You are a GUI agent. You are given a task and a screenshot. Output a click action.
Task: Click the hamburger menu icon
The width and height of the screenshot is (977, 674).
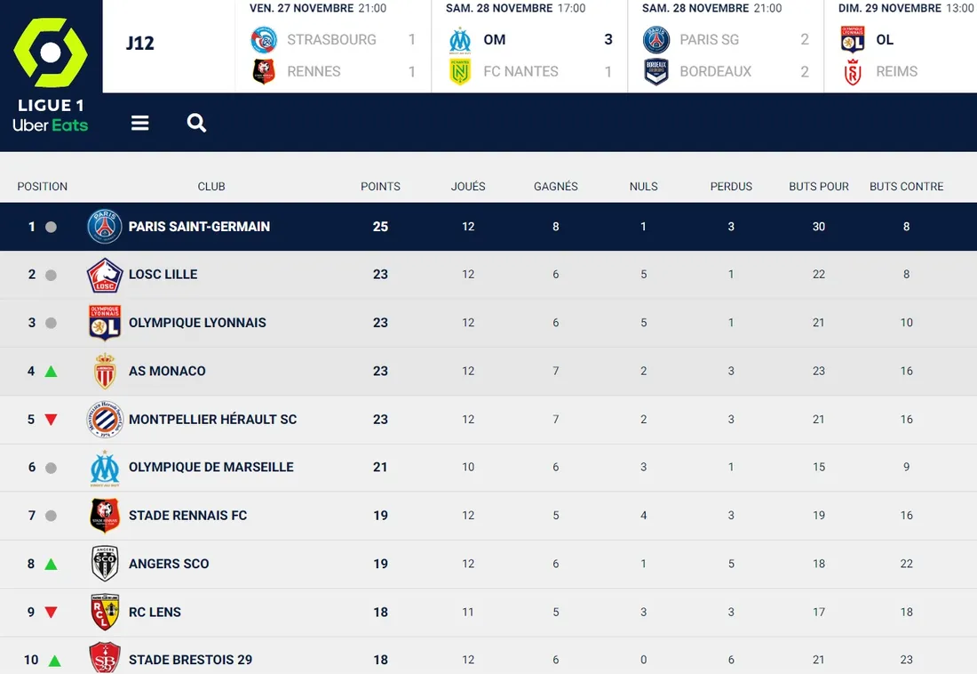point(139,123)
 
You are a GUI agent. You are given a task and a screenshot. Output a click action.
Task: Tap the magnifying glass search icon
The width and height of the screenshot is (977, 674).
point(196,123)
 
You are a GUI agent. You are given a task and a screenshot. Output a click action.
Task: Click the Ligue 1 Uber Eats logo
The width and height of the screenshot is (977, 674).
point(51,75)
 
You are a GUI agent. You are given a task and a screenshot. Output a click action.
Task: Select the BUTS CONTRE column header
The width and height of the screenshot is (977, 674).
point(906,187)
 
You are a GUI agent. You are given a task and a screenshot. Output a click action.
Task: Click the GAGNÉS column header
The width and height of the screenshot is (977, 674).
point(556,187)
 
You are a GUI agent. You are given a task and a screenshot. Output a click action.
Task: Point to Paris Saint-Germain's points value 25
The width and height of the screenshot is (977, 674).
point(380,227)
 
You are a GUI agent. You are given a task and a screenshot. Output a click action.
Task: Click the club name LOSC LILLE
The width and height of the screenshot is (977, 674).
point(163,275)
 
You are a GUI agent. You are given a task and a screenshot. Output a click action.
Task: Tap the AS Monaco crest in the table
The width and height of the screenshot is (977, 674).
point(105,371)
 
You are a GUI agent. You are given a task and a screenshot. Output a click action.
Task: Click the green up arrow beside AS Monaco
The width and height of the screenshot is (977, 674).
point(51,371)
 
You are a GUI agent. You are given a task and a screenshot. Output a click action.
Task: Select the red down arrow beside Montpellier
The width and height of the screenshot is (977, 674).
point(51,420)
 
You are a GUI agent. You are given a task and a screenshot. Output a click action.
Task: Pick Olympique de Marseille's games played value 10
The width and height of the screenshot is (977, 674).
point(468,467)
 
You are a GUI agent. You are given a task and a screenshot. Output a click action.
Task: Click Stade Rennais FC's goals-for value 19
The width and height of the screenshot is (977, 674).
point(819,516)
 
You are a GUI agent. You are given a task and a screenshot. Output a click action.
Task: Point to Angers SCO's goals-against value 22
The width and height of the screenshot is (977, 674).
point(906,564)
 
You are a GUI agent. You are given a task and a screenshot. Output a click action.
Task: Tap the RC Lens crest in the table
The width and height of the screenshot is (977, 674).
point(105,612)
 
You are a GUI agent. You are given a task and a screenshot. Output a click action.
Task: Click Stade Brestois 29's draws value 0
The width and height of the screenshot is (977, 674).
point(644,660)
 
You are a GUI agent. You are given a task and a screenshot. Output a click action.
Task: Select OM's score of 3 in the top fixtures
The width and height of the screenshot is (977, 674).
point(608,40)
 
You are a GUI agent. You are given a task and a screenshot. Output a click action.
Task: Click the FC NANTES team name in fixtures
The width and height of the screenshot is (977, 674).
point(520,71)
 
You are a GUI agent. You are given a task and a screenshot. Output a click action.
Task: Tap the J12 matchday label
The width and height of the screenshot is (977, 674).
point(140,44)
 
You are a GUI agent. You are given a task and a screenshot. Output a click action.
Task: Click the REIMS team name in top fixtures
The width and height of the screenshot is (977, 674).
point(896,71)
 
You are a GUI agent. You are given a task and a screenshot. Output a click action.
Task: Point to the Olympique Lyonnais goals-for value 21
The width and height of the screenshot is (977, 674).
point(819,323)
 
